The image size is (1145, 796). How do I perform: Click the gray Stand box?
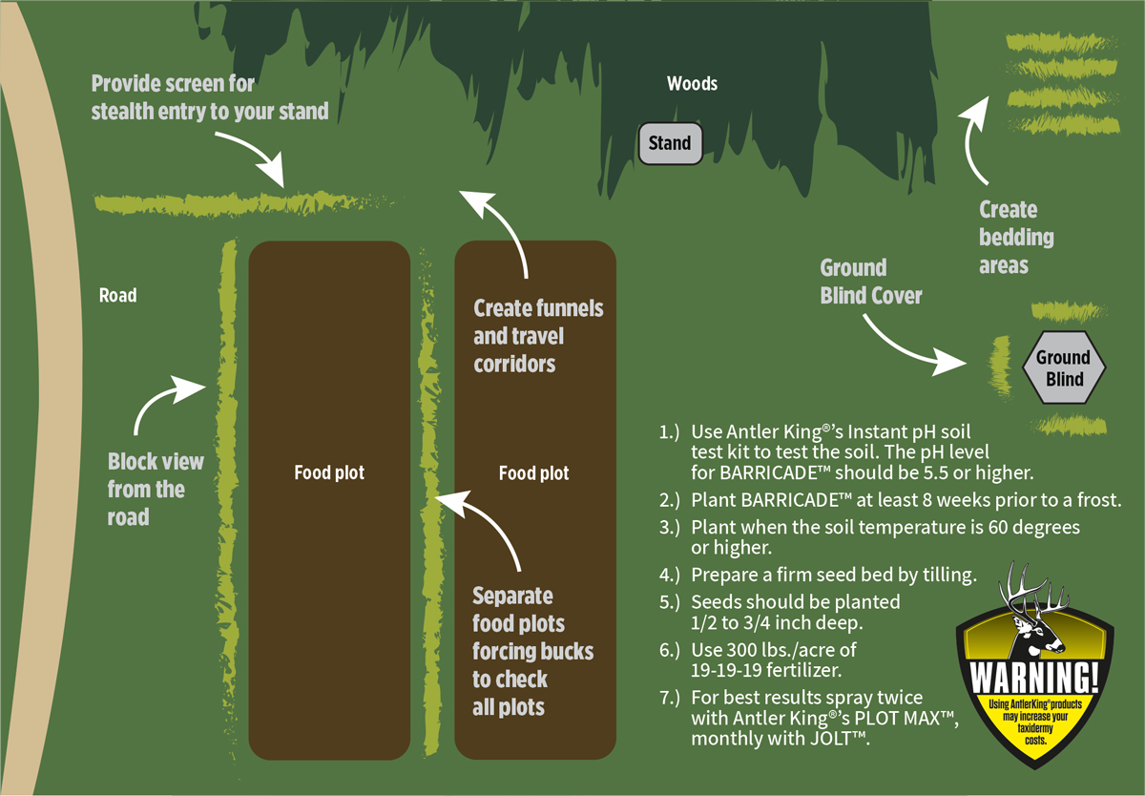click(669, 143)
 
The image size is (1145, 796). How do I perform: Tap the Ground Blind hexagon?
click(1063, 367)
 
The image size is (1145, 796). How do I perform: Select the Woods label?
click(692, 84)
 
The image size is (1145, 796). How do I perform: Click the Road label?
click(117, 296)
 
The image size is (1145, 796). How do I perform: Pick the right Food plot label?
click(534, 472)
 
